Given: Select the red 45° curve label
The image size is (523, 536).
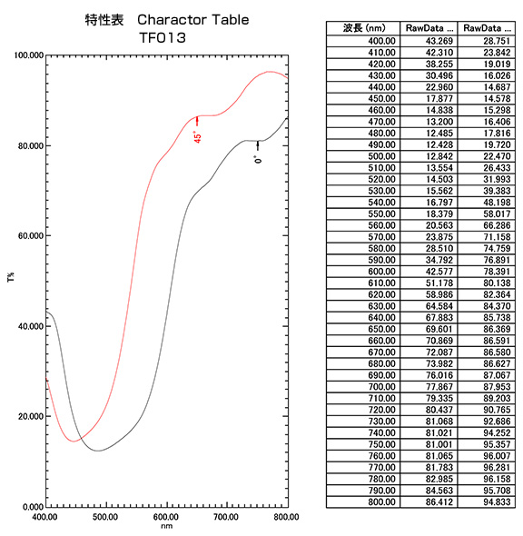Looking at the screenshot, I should (197, 136).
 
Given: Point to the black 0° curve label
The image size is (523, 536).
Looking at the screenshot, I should (258, 159).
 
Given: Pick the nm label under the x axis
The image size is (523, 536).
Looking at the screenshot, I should (166, 525).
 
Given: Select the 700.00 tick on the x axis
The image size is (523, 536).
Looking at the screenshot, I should (226, 516).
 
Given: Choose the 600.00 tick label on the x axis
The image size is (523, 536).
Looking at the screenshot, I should (166, 516).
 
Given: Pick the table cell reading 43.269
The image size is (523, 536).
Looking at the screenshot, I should (427, 41).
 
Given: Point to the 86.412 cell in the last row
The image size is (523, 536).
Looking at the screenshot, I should (427, 502).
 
